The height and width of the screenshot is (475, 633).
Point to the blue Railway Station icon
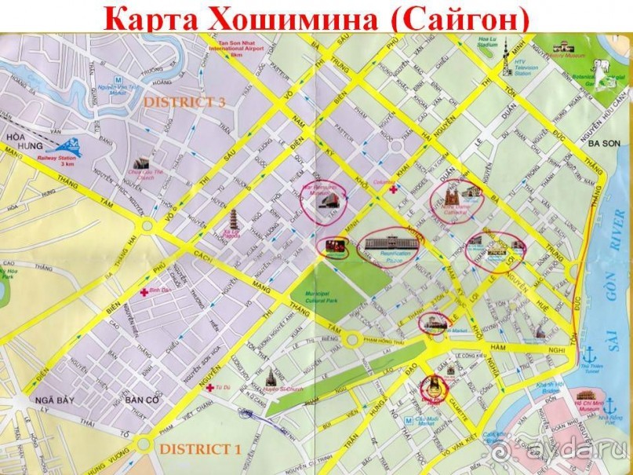tap(67, 145)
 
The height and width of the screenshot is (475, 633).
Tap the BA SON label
tap(604, 143)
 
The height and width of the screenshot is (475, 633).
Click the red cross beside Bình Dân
tap(144, 292)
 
